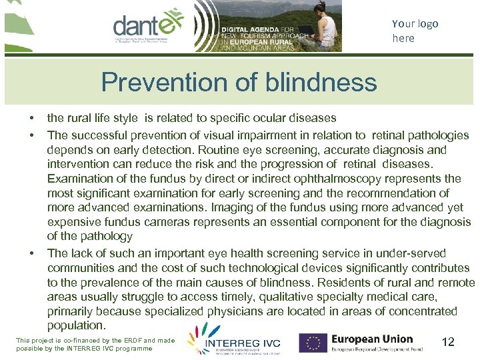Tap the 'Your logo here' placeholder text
tap(415, 31)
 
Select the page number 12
tap(448, 342)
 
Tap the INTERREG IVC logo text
tap(243, 343)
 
